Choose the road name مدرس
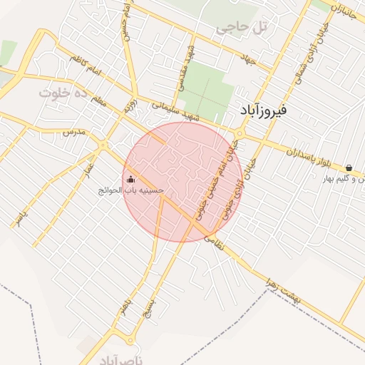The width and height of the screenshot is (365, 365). tap(73, 133)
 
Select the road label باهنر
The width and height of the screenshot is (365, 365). tap(128, 312)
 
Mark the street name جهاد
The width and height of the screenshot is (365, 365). tap(248, 61)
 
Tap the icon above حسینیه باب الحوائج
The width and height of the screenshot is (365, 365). tap(130, 180)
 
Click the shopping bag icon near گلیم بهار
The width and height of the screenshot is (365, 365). tap(348, 168)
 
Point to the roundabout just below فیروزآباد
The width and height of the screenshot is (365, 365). tap(240, 133)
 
